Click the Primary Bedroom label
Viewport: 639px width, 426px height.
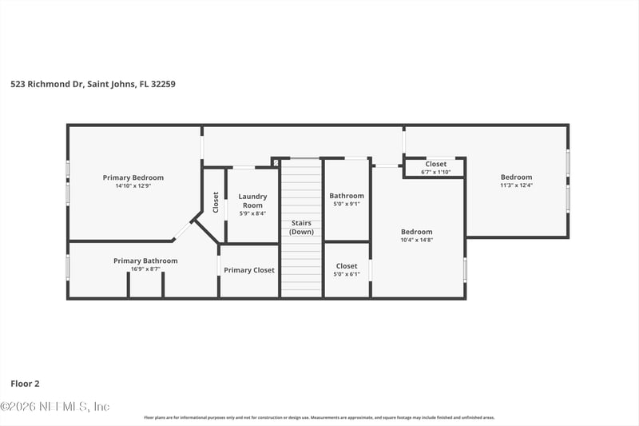(133, 177)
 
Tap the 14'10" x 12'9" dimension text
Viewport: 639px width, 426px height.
(133, 185)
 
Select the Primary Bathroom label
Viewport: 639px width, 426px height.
(145, 261)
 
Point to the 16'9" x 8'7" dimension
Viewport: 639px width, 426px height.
(145, 269)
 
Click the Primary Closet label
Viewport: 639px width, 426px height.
(248, 270)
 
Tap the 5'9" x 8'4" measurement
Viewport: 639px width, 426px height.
(252, 213)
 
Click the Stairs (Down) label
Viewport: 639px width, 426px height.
(301, 227)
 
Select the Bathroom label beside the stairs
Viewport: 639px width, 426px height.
(347, 196)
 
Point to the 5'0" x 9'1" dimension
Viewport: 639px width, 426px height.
(347, 204)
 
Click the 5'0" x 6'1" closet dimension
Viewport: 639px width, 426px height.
(347, 274)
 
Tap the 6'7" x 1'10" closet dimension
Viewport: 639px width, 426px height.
(435, 172)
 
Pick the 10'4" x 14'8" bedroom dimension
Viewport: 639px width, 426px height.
(416, 240)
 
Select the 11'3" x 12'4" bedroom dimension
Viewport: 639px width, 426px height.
(516, 185)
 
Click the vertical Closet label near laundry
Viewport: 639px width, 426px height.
(216, 202)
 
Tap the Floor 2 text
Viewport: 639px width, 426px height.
(25, 384)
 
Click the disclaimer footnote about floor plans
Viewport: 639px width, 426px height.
(319, 417)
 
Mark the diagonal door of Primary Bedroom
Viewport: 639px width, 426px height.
(183, 230)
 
